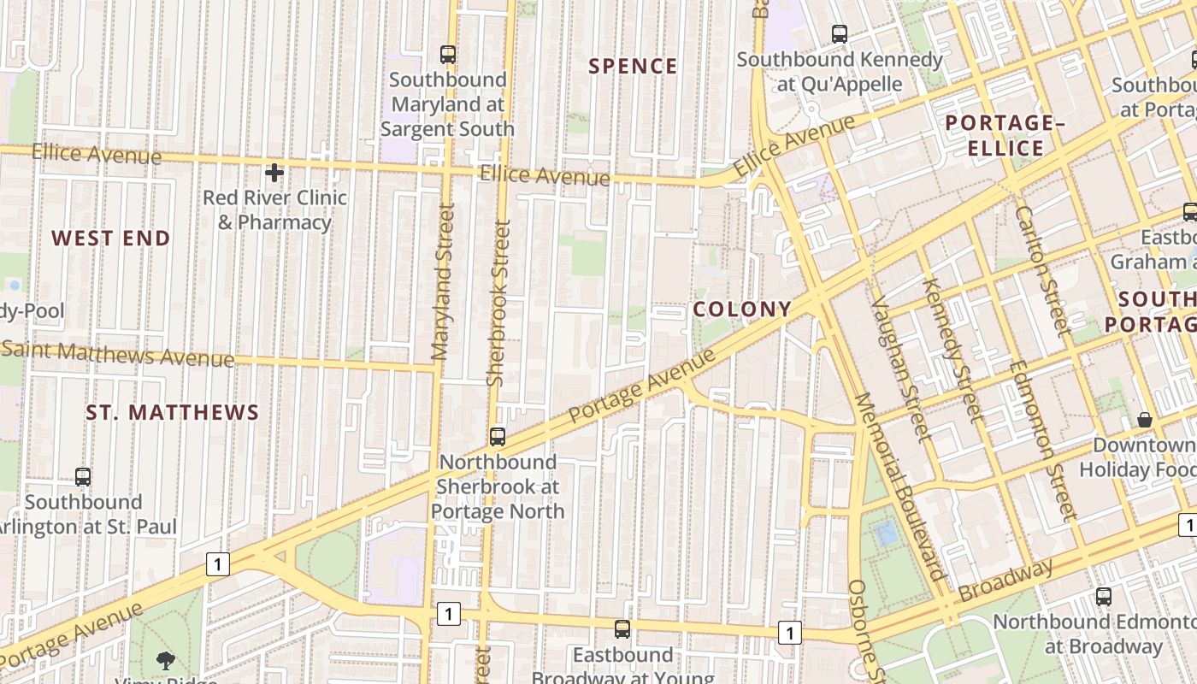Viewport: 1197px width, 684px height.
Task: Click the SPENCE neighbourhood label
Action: click(633, 67)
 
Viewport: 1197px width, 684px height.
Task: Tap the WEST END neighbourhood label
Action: click(111, 239)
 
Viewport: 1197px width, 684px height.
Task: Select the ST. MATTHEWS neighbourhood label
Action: click(172, 413)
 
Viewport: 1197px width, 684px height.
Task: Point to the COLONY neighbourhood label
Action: click(742, 310)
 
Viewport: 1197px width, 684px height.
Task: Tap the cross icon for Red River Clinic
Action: click(274, 174)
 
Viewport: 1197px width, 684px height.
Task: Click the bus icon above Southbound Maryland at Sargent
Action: click(448, 55)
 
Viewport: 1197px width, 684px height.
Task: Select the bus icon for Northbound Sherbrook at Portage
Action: click(498, 437)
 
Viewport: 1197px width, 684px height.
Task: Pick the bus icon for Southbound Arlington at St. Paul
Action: click(83, 477)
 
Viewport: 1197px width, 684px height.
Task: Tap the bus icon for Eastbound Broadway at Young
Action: click(622, 629)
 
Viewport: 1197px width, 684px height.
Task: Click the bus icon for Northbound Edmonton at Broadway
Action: click(1104, 597)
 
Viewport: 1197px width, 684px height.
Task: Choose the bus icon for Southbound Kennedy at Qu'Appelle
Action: click(840, 34)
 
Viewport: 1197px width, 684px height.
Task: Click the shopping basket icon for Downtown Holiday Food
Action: click(1145, 420)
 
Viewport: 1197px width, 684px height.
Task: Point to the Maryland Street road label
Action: click(441, 282)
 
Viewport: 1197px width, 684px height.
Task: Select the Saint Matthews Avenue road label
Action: click(118, 353)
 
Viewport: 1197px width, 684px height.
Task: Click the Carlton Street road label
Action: click(1042, 269)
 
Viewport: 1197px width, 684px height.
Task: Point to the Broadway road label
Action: click(1005, 581)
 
